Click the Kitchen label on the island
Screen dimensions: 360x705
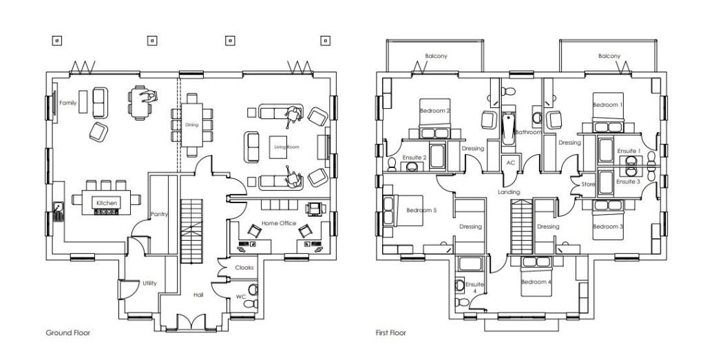[107, 202]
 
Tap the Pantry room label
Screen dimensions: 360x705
[159, 214]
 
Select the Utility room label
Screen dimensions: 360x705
[149, 283]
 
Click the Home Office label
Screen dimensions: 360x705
[278, 223]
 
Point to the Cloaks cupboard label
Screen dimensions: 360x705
[244, 267]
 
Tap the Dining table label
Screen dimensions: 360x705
[191, 125]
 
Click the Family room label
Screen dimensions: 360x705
[67, 103]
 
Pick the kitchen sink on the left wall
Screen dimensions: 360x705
[59, 209]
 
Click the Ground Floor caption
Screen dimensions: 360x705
[68, 332]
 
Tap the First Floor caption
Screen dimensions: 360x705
[390, 332]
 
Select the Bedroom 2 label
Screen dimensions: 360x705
[435, 110]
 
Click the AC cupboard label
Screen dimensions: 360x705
[510, 162]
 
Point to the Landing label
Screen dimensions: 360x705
[509, 192]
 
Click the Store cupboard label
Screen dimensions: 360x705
[587, 184]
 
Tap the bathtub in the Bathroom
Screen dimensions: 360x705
[509, 129]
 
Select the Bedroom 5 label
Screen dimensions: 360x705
[421, 210]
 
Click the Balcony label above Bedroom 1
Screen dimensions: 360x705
[609, 56]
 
